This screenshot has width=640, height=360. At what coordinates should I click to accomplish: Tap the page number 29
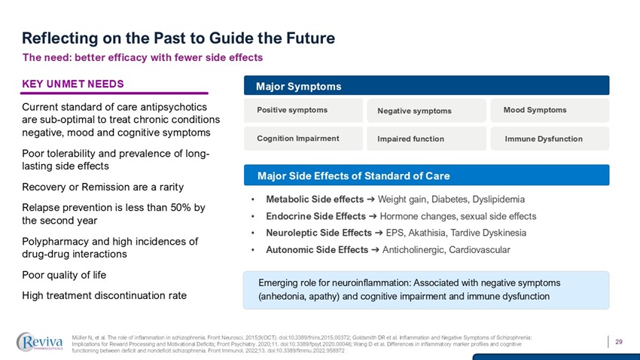pyautogui.click(x=619, y=343)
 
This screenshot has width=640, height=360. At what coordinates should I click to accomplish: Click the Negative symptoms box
pyautogui.click(x=426, y=111)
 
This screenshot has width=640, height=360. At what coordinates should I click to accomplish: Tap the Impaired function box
pyautogui.click(x=426, y=139)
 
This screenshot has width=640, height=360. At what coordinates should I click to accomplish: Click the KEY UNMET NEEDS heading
pyautogui.click(x=73, y=83)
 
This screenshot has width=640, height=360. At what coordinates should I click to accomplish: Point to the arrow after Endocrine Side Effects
pyautogui.click(x=370, y=216)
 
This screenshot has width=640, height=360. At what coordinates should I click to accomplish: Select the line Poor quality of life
pyautogui.click(x=63, y=275)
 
